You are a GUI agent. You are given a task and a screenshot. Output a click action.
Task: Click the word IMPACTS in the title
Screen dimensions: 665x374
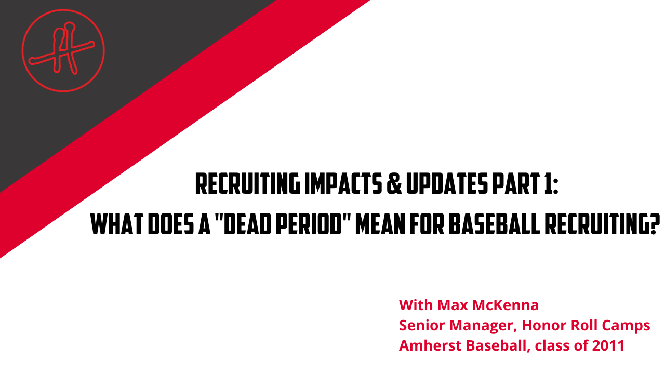point(343,184)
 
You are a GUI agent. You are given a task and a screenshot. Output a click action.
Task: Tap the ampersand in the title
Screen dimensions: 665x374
point(394,184)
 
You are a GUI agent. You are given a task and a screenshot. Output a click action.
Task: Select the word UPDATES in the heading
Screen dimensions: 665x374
point(447,184)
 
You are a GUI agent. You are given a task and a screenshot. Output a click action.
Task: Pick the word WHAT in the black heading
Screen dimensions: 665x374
point(117,224)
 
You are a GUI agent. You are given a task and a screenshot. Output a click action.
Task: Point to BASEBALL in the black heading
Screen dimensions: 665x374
point(494,224)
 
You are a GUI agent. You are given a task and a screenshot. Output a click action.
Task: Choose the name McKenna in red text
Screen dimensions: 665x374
point(506,305)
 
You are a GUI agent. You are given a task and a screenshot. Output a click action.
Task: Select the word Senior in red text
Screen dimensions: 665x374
point(422,325)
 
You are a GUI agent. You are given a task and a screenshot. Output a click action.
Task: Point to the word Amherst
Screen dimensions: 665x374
point(430,345)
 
